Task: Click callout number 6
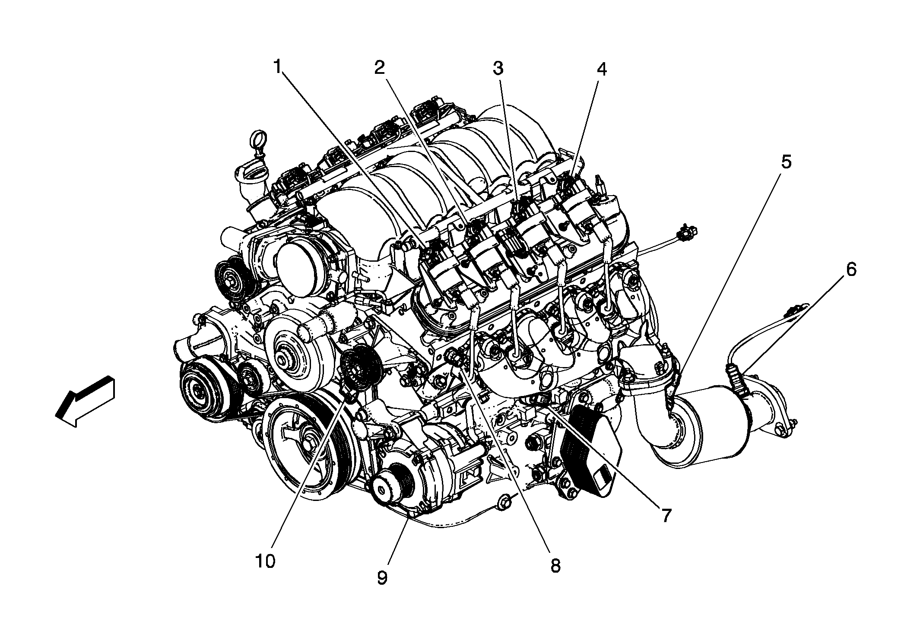tap(850, 269)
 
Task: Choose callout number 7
tap(665, 515)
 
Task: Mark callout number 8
tap(555, 565)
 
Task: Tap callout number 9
tap(382, 577)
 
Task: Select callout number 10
tap(265, 561)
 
